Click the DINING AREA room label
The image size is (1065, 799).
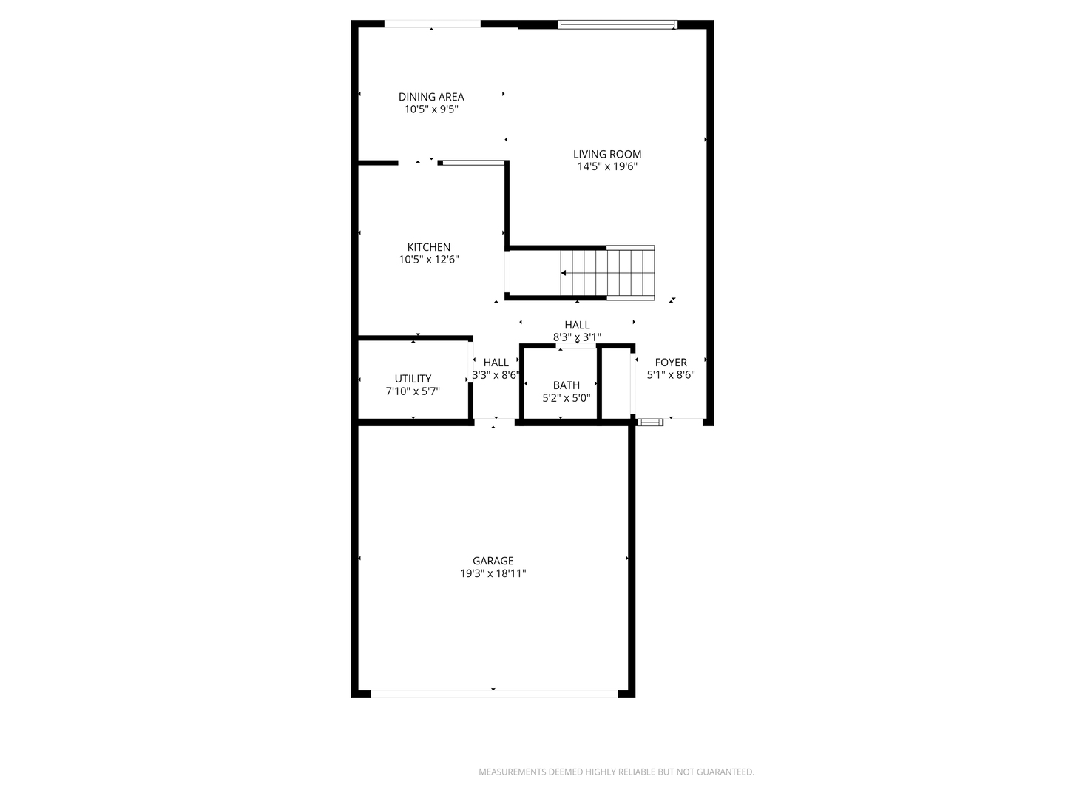click(431, 97)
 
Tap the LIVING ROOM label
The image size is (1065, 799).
click(607, 155)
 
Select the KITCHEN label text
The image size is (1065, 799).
click(428, 247)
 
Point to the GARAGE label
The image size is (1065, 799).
click(493, 561)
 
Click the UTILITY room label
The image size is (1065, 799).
click(413, 379)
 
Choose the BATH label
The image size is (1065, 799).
click(567, 385)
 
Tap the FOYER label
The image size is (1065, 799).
click(671, 363)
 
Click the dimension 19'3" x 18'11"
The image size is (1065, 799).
click(493, 573)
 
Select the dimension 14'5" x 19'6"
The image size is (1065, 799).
click(607, 167)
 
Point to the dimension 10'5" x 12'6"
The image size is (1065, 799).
click(428, 260)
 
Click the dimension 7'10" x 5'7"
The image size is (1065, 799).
click(413, 391)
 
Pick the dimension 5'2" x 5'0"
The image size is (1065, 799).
click(567, 398)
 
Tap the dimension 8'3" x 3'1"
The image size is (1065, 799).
click(577, 337)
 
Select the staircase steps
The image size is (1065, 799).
click(607, 272)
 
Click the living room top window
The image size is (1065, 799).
click(617, 24)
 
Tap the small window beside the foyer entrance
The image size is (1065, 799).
click(649, 422)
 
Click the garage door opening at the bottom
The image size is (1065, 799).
click(495, 694)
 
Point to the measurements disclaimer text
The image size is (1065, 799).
click(616, 772)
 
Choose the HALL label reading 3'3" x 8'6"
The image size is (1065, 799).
click(496, 368)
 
